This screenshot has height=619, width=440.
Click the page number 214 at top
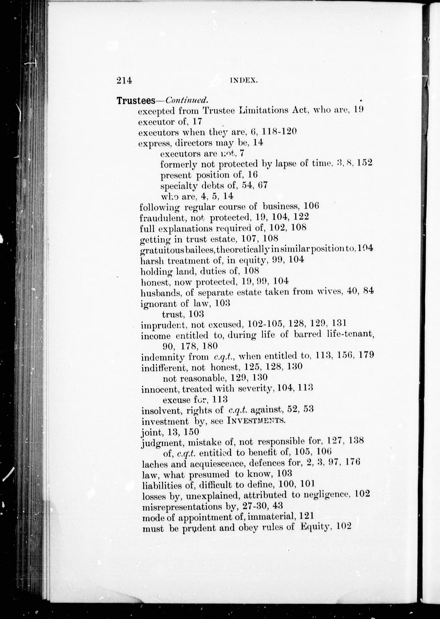[x=124, y=80]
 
